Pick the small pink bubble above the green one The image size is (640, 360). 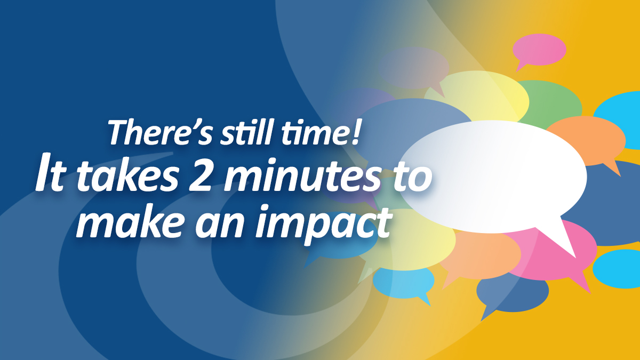pos(539,49)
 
